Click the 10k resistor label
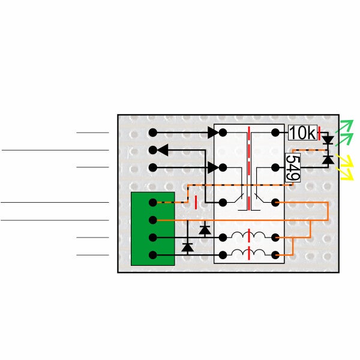point(302,133)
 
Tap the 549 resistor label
point(293,167)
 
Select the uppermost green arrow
point(344,126)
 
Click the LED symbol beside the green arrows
point(328,140)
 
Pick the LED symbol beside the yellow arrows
point(328,160)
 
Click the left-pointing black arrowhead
point(163,150)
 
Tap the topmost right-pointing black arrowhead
point(213,133)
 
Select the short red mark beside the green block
point(196,203)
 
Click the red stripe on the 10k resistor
point(319,133)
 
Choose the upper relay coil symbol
point(248,235)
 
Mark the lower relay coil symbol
point(248,253)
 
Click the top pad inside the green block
point(153,203)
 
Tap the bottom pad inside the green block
point(153,255)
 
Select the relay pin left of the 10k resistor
point(275,133)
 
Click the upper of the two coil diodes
point(205,230)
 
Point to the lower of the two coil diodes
point(188,247)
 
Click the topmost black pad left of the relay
point(153,133)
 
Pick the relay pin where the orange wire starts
point(275,203)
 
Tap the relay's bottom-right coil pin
point(275,255)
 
